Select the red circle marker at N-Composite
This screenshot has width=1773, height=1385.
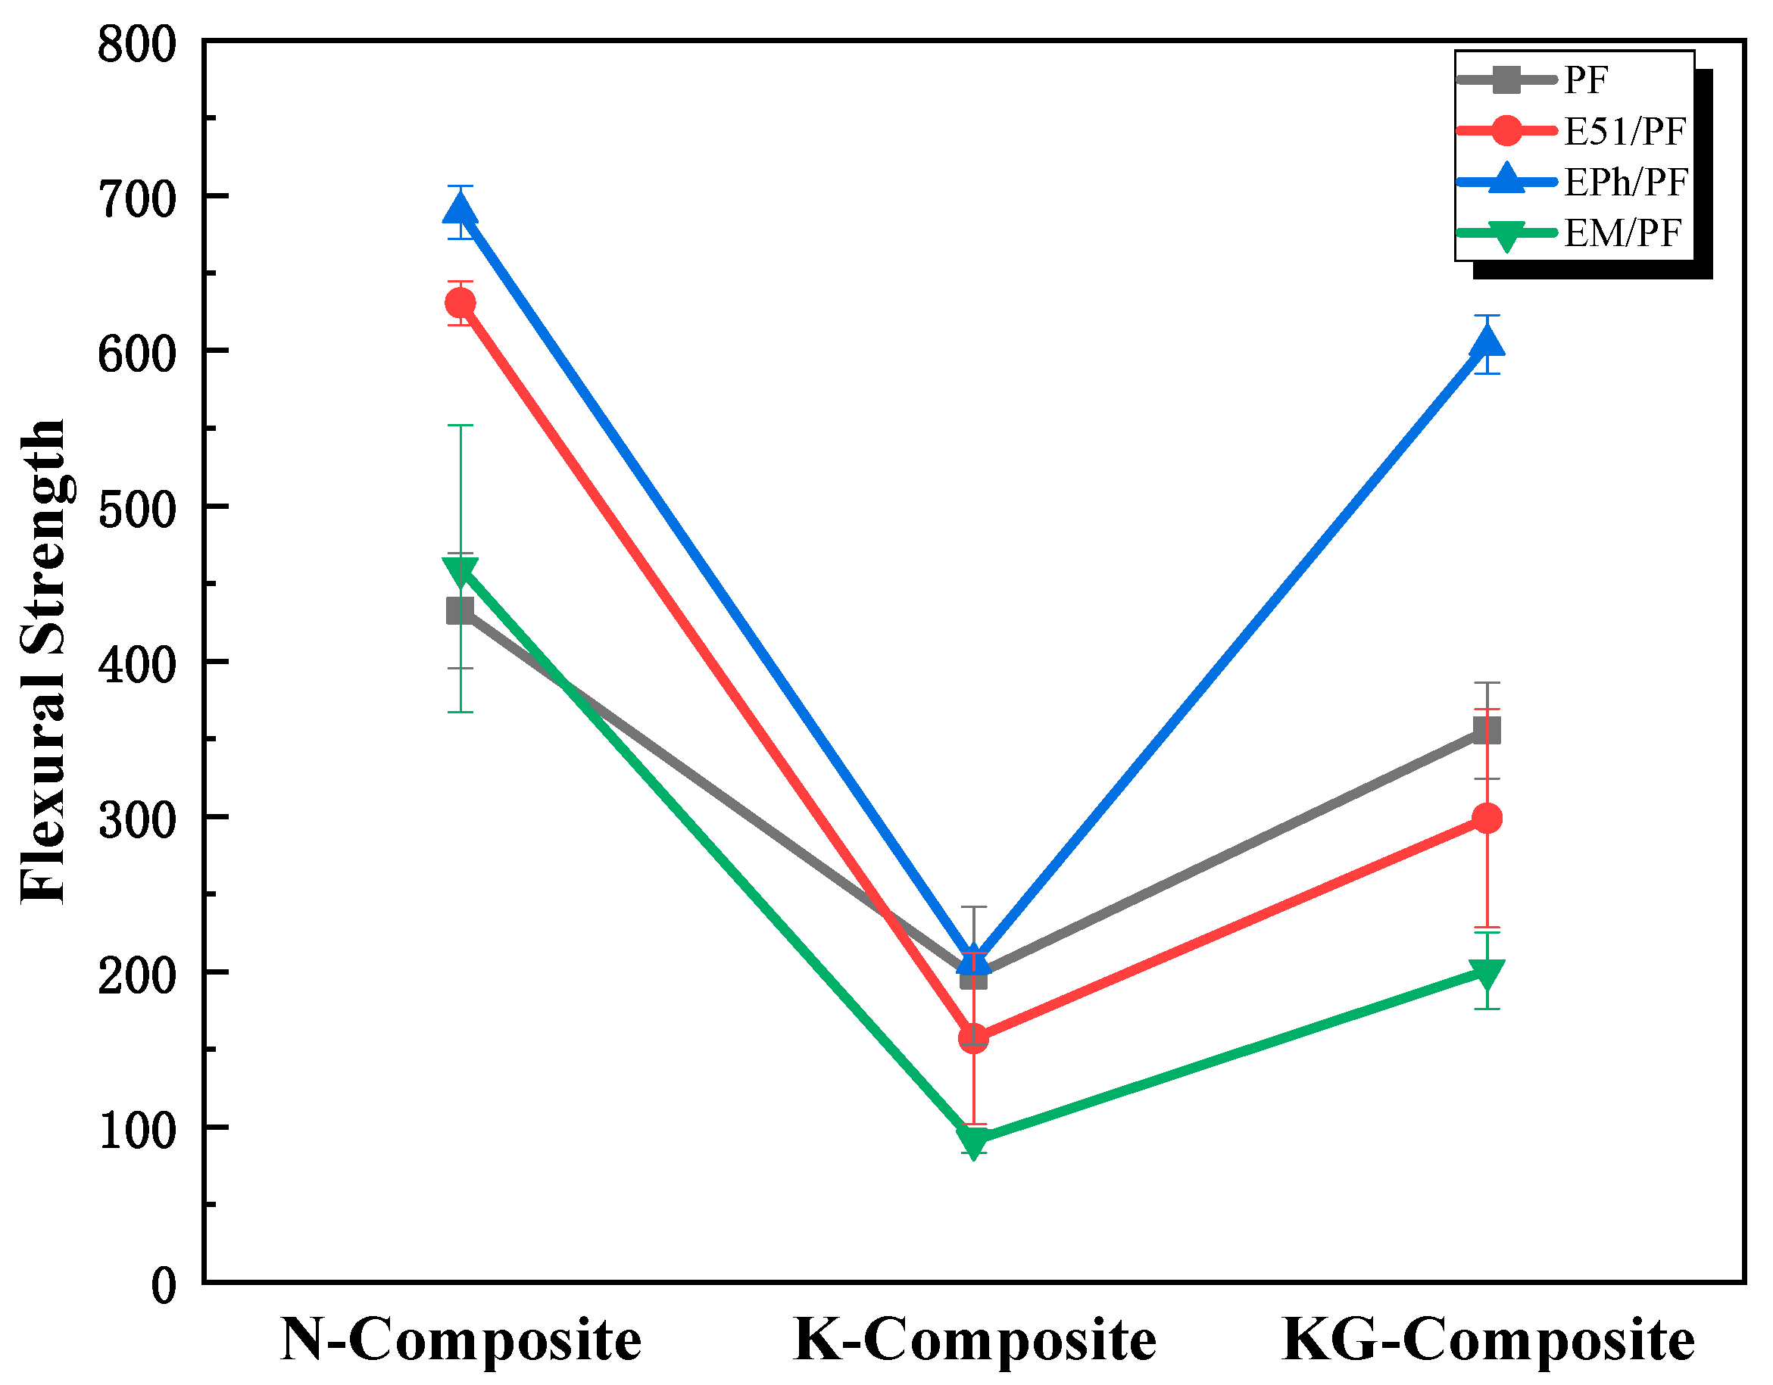[x=460, y=304]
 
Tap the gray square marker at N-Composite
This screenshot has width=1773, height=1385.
[x=460, y=610]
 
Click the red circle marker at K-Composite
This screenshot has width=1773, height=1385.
[x=973, y=1038]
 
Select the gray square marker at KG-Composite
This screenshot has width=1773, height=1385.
[x=1487, y=731]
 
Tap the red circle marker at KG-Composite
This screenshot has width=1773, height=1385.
[x=1487, y=819]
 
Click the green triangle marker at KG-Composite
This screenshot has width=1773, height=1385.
[x=1487, y=973]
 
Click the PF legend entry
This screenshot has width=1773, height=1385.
[x=1585, y=80]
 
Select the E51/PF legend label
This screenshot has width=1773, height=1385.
[x=1625, y=132]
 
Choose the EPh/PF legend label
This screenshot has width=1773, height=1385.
[x=1626, y=182]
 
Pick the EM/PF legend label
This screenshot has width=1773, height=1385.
[x=1622, y=234]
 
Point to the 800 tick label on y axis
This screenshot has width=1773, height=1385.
[x=136, y=45]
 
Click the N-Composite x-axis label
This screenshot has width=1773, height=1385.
[x=460, y=1341]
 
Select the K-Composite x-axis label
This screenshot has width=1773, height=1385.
[x=974, y=1341]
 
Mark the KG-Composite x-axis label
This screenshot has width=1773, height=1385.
[x=1487, y=1341]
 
